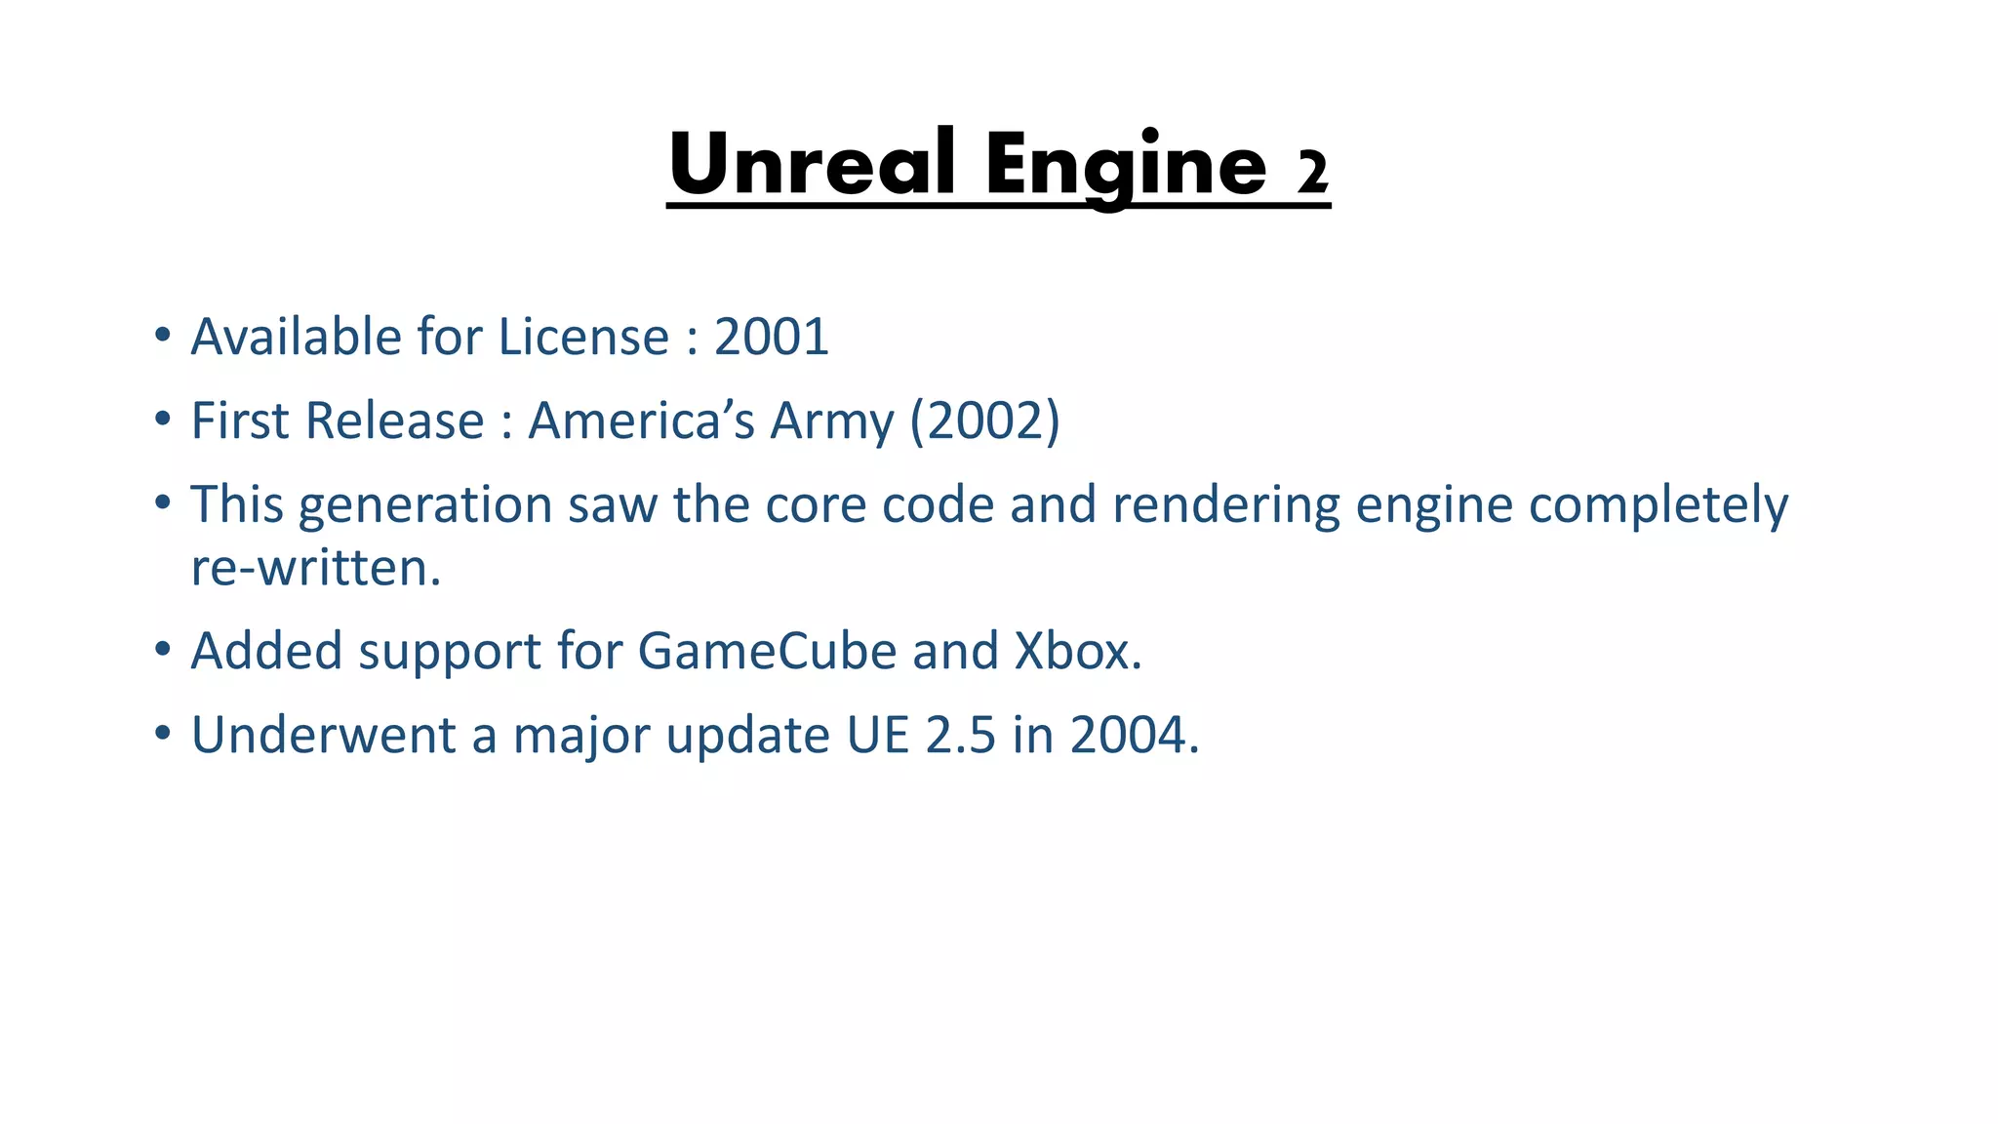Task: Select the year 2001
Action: click(x=771, y=338)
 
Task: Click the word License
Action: click(x=583, y=338)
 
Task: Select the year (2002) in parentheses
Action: click(x=984, y=421)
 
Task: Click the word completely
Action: click(x=1658, y=505)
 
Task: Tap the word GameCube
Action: click(x=767, y=651)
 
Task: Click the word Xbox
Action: click(x=1077, y=651)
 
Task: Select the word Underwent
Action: click(x=323, y=735)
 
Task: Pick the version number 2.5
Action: click(x=961, y=735)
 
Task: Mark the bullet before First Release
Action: click(x=163, y=420)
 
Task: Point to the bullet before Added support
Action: click(x=163, y=649)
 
